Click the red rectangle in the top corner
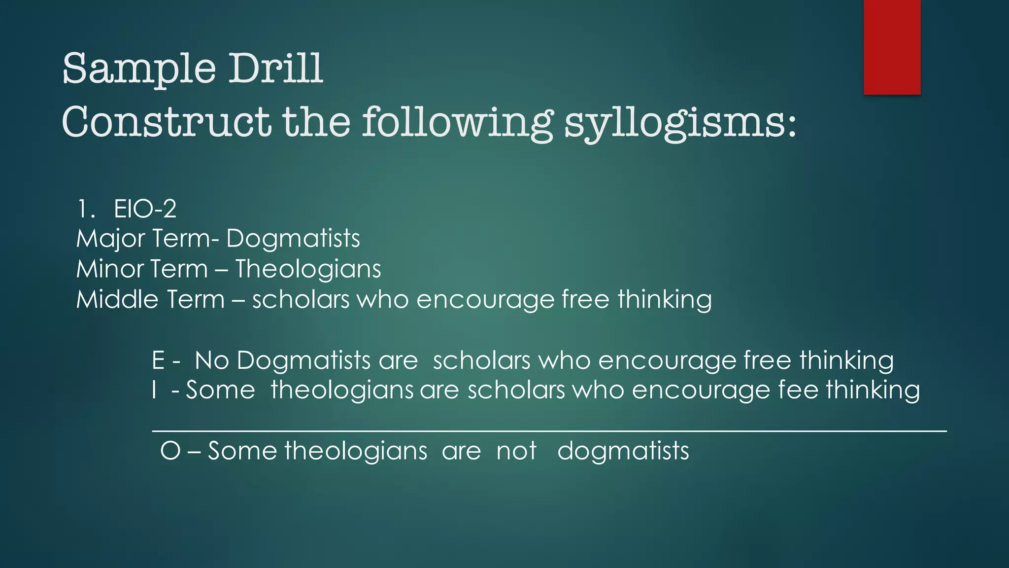(892, 47)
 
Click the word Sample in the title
(139, 69)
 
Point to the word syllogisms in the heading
(680, 123)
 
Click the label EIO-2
(145, 209)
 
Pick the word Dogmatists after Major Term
(293, 239)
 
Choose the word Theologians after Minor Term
(308, 269)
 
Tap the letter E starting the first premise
(158, 360)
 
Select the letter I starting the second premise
(155, 390)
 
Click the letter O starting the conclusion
(170, 451)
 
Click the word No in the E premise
(212, 360)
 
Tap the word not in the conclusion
(516, 451)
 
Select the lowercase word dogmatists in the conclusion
(623, 451)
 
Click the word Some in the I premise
(220, 390)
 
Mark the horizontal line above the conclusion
(549, 431)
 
